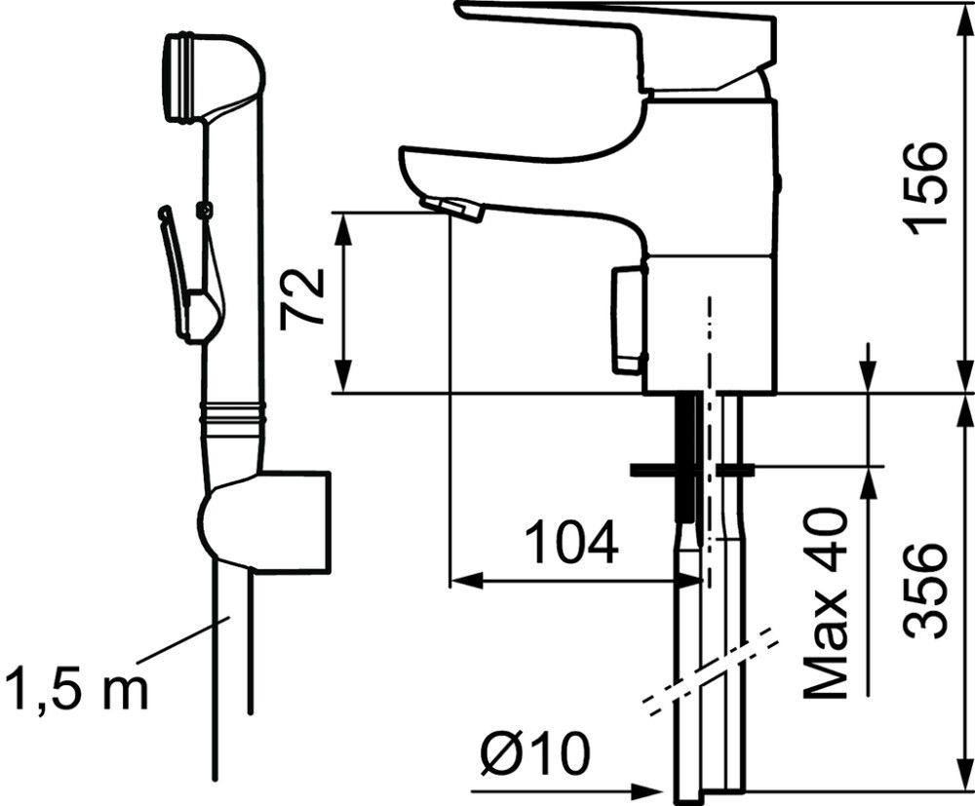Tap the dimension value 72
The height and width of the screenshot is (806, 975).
(300, 299)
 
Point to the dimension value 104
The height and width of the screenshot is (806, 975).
(571, 544)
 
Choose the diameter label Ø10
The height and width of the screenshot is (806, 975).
(535, 753)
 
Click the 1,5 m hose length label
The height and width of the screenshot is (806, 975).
(76, 688)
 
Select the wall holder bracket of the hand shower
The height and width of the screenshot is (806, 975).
(283, 522)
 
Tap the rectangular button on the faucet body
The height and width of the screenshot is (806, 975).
(626, 320)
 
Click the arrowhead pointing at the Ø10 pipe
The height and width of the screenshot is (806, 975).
(653, 789)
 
